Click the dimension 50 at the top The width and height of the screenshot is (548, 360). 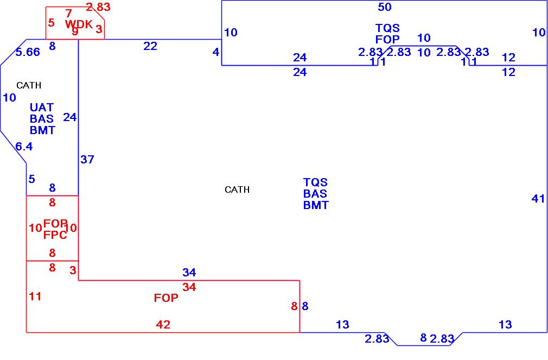[385, 7]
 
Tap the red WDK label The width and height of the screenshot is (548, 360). [79, 24]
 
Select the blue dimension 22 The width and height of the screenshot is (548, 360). [150, 47]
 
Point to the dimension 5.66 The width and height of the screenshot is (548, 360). [27, 52]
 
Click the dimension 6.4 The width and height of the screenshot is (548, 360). [24, 147]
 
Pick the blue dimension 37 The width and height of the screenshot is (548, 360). [87, 160]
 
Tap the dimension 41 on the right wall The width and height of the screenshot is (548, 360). [538, 199]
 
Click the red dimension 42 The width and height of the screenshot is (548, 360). [163, 325]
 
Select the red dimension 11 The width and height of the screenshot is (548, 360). [35, 296]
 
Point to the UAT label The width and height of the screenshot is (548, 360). [42, 108]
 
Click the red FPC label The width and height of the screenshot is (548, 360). [55, 235]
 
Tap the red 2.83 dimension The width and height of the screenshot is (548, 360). [98, 7]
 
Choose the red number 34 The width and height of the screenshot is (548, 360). [189, 288]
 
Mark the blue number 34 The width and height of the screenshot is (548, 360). [189, 272]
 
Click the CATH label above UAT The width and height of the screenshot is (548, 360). [29, 85]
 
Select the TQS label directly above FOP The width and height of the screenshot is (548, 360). [387, 28]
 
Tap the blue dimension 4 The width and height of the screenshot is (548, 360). [216, 53]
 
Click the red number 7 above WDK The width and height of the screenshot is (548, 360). [68, 14]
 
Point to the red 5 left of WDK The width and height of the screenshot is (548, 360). [51, 23]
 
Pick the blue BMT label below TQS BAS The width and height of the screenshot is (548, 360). [316, 205]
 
